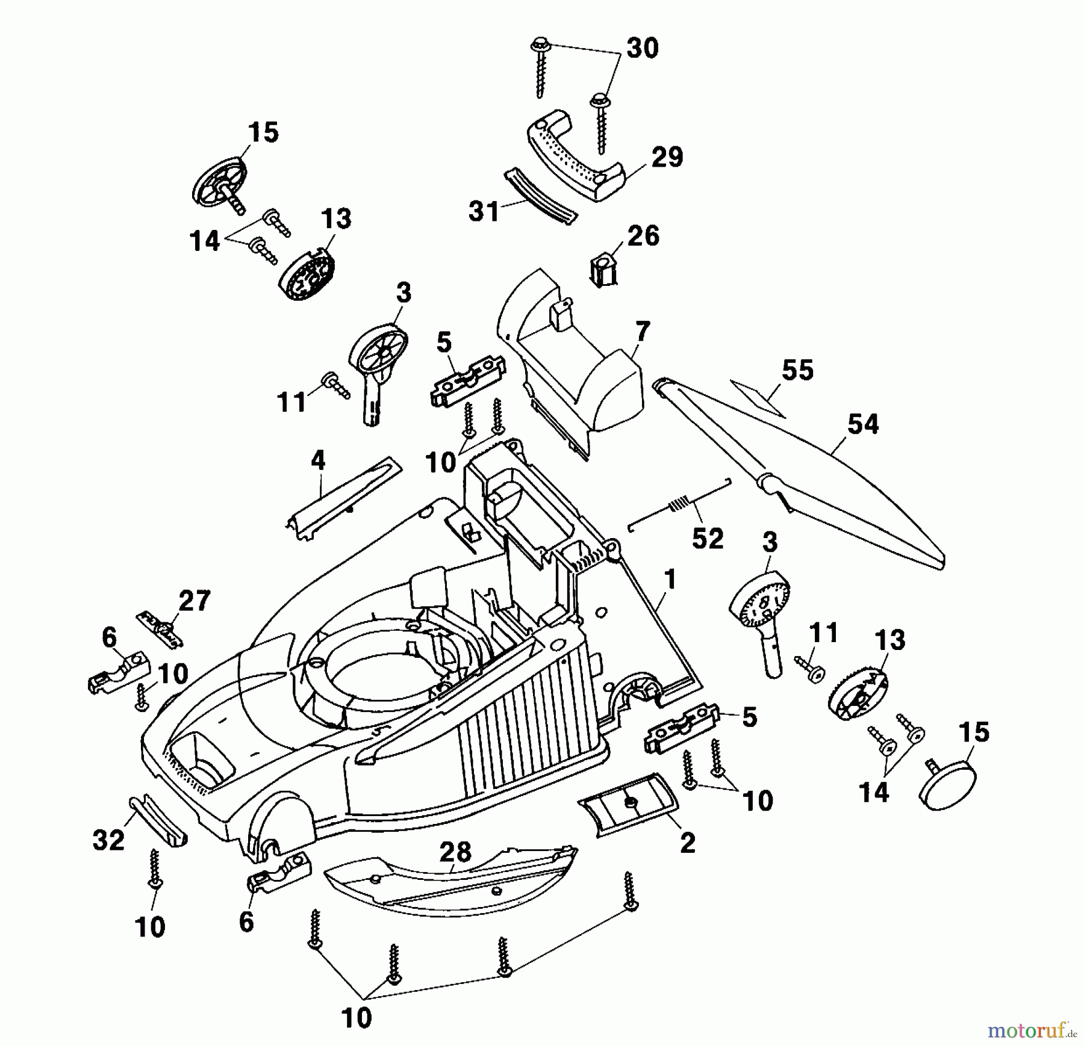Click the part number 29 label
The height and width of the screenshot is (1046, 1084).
[667, 157]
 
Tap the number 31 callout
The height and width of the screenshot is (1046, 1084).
[484, 211]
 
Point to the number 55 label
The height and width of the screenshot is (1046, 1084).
[797, 370]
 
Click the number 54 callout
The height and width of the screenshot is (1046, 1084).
[862, 424]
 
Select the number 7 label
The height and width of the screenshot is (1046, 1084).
[643, 332]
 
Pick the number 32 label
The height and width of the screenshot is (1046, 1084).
[108, 840]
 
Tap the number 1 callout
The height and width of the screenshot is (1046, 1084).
[669, 580]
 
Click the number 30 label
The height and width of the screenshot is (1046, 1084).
[642, 48]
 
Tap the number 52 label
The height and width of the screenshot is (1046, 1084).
[707, 538]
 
